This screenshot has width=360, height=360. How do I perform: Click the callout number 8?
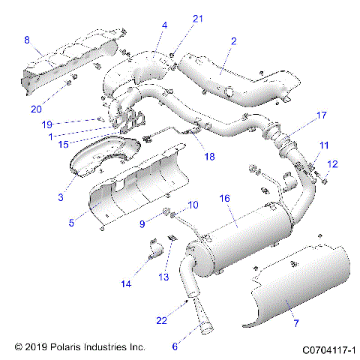click(x=27, y=40)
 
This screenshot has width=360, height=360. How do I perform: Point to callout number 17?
click(x=321, y=115)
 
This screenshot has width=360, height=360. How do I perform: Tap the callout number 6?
click(x=175, y=346)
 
